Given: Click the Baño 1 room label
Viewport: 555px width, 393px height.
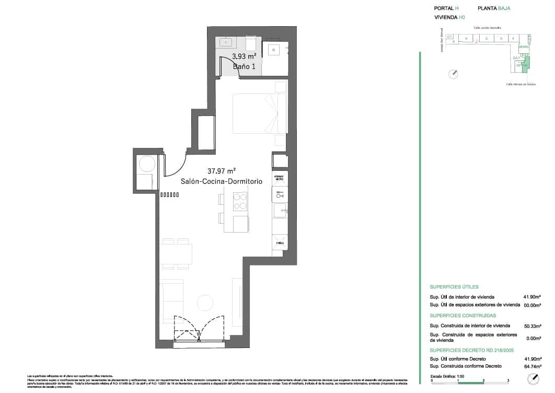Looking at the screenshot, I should (244, 66).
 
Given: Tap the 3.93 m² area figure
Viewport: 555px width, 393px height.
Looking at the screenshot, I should (244, 56).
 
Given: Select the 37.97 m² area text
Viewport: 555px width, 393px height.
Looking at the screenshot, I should (222, 171).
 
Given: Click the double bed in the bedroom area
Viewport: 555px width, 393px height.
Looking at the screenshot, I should (260, 113).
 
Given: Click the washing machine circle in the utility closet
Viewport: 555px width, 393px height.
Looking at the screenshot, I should (146, 164).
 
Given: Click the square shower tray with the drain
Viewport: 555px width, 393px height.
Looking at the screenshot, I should (275, 50).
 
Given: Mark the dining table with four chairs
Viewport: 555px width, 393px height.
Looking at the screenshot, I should (176, 254).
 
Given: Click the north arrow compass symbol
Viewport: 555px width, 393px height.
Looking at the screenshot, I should (453, 74).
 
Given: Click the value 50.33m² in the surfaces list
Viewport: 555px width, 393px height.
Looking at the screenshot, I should (532, 326).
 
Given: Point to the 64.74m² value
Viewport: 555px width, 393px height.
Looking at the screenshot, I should (532, 366).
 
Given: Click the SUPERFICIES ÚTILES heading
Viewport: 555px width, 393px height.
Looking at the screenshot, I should (454, 287).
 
